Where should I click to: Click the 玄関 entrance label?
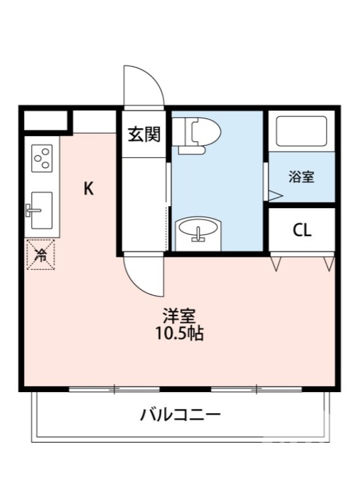[144, 134]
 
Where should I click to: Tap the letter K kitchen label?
[89, 188]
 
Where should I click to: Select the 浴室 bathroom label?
[302, 177]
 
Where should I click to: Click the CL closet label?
[302, 231]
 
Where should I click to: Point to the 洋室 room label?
[179, 317]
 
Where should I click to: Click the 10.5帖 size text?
[179, 334]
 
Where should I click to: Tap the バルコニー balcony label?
[180, 415]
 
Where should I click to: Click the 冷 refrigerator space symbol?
[41, 253]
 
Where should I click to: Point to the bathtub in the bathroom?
[301, 131]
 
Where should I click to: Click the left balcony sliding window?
[114, 389]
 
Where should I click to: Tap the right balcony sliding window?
[257, 389]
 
